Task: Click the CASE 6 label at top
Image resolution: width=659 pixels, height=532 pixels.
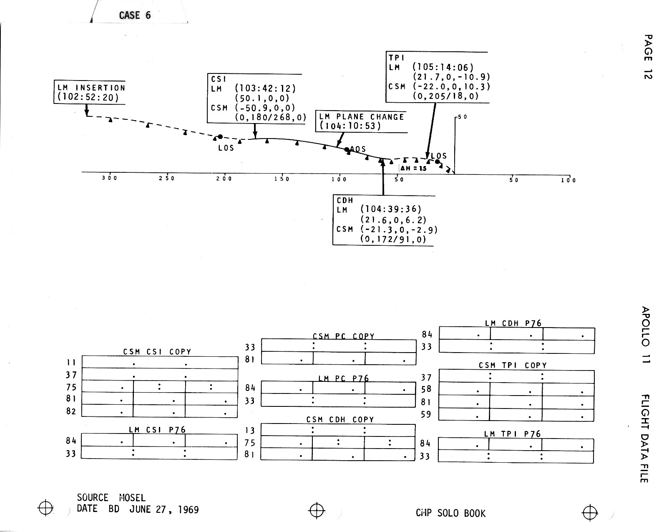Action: pos(135,15)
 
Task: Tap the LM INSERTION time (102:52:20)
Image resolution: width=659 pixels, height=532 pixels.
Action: pos(88,98)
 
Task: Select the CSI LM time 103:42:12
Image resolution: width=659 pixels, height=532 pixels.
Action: pos(265,88)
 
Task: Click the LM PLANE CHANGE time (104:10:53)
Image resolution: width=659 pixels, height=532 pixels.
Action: pos(350,126)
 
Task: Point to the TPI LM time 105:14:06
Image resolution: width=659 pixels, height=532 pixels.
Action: pos(443,67)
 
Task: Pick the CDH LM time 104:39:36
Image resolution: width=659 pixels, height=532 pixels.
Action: pos(391,209)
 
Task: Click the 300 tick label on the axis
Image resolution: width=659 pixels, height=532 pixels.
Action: pos(110,178)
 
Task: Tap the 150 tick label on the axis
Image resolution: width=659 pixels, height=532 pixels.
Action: pos(282,179)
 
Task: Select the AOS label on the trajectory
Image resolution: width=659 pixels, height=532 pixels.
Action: pos(358,149)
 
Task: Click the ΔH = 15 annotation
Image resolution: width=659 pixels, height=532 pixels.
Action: pos(414,169)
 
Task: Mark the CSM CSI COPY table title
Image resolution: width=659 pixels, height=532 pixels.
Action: pos(157,352)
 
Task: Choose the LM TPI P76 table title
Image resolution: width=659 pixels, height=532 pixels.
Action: pos(512,434)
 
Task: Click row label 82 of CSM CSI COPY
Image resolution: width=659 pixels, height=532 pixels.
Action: pos(71,411)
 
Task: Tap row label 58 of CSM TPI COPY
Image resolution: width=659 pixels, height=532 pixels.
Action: pos(426,389)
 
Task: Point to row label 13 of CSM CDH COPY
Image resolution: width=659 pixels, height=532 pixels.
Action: pos(250,430)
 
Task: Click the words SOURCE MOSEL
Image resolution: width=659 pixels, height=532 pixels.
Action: pos(111,498)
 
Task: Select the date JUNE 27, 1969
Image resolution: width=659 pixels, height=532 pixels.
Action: pos(164,509)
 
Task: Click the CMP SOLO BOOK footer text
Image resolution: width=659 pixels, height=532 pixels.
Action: pos(450,513)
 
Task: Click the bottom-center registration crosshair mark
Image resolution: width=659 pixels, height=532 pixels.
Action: pos(317,509)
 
